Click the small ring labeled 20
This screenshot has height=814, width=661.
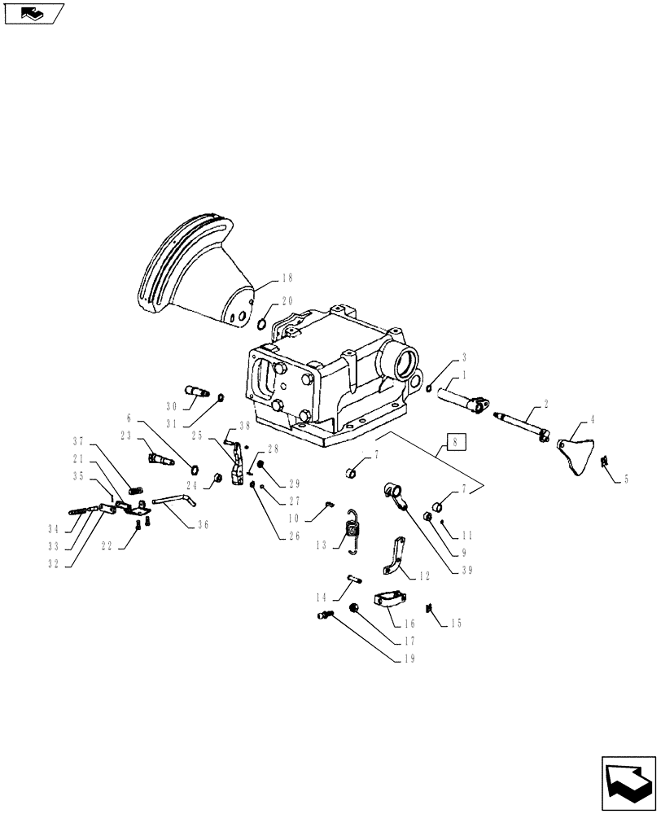click(x=262, y=326)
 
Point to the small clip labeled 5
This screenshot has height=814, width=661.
click(x=605, y=463)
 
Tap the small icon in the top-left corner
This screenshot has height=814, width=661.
click(x=33, y=12)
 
